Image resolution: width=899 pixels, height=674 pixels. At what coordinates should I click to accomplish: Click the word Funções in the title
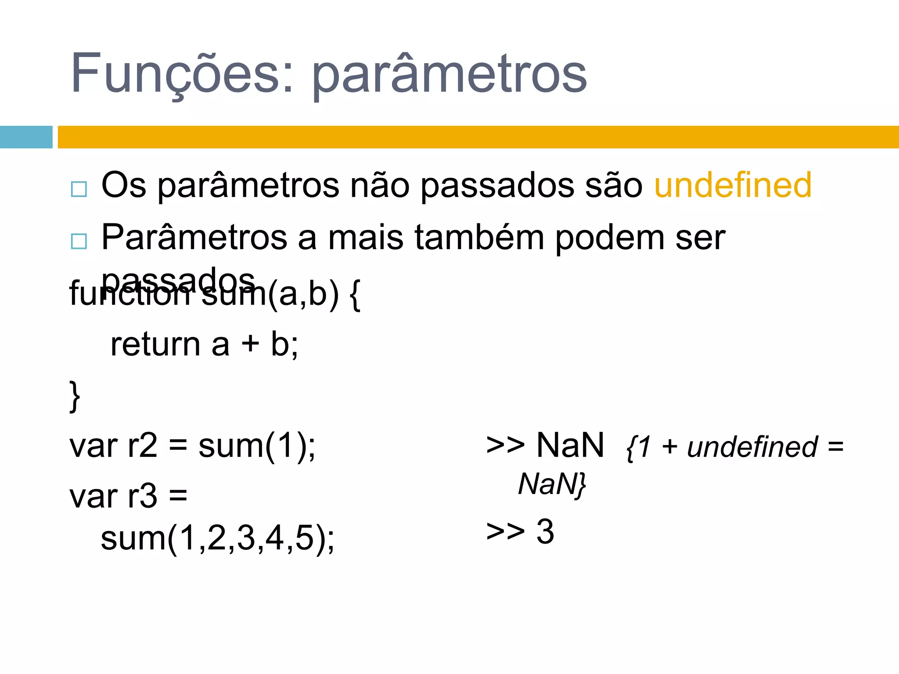point(176,73)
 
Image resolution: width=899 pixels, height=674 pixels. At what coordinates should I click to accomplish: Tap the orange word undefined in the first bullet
point(733,185)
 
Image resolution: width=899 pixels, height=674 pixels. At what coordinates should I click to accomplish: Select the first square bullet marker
point(79,189)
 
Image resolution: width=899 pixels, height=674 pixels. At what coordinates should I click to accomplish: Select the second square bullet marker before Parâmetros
point(79,241)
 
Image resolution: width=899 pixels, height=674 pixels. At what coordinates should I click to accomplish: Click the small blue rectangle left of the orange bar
point(26,137)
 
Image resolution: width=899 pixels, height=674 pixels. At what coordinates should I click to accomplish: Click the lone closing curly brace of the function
point(75,396)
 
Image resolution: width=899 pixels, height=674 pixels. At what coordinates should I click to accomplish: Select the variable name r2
point(142,446)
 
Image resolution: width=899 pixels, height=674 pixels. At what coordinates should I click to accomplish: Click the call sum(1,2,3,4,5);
point(217,538)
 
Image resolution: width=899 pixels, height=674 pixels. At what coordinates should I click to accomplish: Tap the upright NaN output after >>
point(570,445)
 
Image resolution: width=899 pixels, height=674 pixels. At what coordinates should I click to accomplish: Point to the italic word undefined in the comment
point(752,447)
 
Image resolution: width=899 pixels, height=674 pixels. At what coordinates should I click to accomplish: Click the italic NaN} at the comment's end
point(552,484)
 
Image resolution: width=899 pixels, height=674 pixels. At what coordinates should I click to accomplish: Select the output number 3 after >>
point(545,531)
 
